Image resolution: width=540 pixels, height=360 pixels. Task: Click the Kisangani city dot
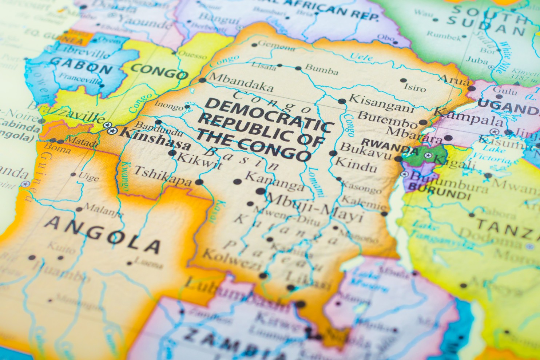pos(341,101)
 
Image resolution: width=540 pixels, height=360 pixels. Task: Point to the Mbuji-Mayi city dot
pos(261,191)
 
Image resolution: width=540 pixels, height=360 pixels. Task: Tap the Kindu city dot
pos(333,153)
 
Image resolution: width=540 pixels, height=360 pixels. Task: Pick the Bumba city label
pos(321,69)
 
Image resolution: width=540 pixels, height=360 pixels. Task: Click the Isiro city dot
pos(403,80)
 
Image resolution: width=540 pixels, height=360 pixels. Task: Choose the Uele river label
pos(361,57)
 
